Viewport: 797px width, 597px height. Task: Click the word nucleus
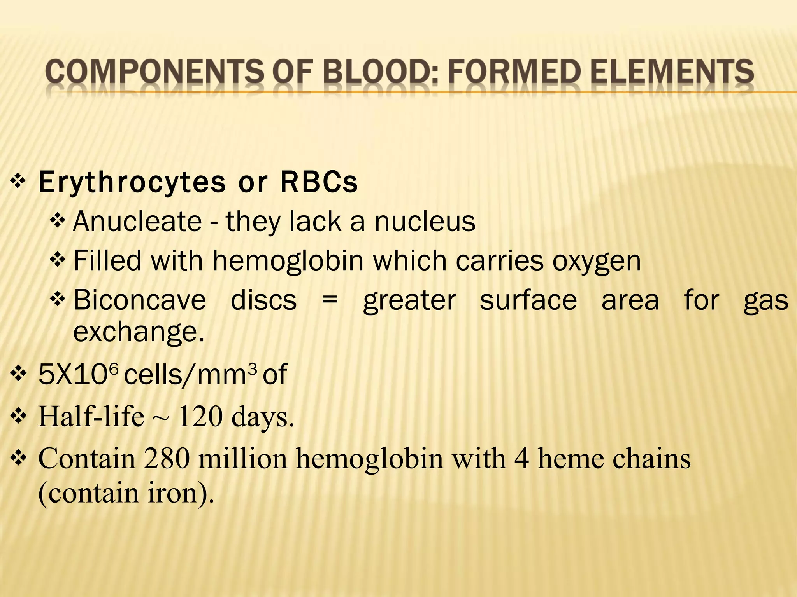425,222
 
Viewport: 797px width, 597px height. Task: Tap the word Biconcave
140,300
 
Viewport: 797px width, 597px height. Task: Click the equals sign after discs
330,301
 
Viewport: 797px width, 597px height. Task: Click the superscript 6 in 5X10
112,368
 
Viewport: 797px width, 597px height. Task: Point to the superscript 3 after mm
253,368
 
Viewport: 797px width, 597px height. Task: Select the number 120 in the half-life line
200,417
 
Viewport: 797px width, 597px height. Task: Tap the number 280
167,459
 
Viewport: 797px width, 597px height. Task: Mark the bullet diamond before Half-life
18,417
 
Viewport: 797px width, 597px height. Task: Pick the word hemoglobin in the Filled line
288,261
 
